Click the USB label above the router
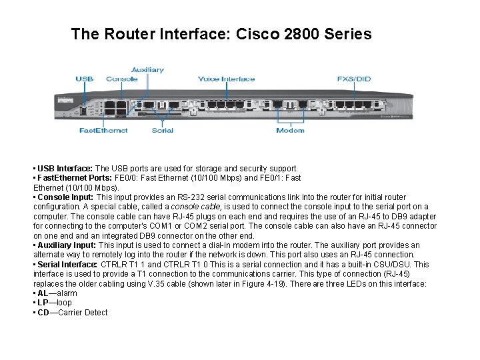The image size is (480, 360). click(85, 79)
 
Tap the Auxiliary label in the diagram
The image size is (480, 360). click(147, 69)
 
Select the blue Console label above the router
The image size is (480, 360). click(122, 79)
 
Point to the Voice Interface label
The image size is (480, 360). click(226, 79)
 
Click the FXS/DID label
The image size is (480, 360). click(354, 79)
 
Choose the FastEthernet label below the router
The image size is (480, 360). click(103, 130)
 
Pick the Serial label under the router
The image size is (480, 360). click(162, 130)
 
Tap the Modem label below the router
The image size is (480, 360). click(290, 130)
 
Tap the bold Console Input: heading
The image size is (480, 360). click(66, 197)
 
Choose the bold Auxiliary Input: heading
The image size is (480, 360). click(67, 245)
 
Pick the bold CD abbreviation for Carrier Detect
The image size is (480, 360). click(43, 313)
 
